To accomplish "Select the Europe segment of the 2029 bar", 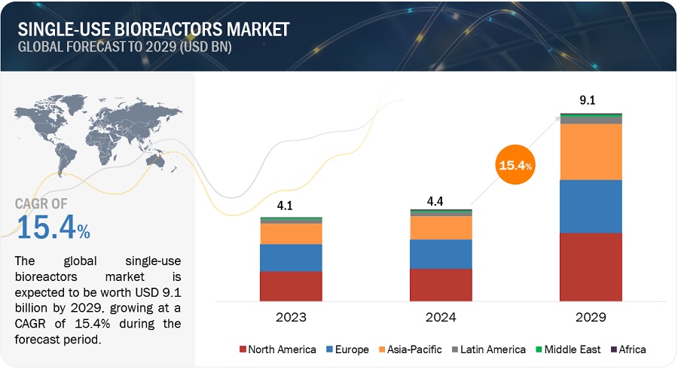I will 591,206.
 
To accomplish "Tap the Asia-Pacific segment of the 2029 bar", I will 591,151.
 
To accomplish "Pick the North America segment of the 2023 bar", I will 291,286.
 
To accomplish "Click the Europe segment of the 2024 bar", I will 441,254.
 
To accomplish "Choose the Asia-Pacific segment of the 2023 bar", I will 291,233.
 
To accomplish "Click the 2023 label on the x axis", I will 291,316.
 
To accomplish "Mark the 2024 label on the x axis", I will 441,316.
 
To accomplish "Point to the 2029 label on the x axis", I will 591,316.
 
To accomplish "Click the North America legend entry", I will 276,349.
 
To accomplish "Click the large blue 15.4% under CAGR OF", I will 53,228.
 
